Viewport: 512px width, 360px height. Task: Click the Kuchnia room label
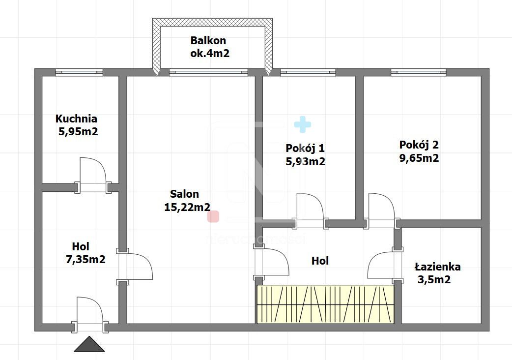click(76, 119)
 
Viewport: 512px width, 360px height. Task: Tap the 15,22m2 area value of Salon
click(187, 207)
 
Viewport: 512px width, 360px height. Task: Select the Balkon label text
click(208, 41)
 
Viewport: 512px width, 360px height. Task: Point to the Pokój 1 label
click(305, 148)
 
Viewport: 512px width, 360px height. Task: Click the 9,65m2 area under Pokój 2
click(419, 158)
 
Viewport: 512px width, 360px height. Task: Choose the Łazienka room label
click(437, 267)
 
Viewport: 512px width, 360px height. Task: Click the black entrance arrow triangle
click(89, 345)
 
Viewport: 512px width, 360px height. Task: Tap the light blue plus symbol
click(303, 125)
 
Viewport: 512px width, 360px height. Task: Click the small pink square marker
click(213, 216)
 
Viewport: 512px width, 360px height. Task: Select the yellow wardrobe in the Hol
click(325, 304)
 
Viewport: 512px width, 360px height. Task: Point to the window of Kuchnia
click(79, 72)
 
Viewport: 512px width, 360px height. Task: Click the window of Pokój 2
click(419, 72)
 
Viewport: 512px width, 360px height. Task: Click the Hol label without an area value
click(320, 261)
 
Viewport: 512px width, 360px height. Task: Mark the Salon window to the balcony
click(208, 72)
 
